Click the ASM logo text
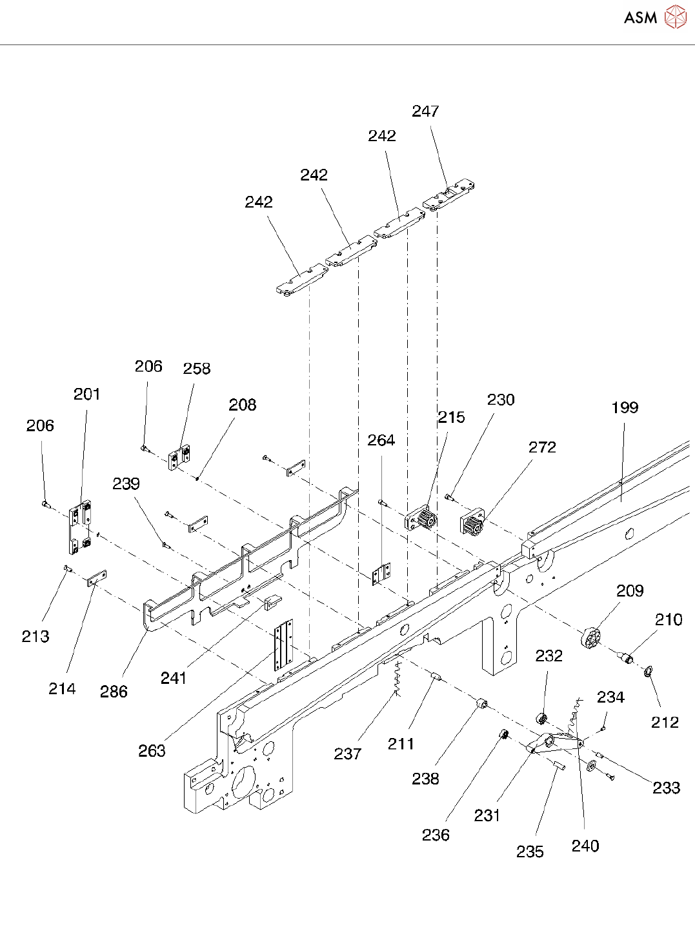(x=640, y=18)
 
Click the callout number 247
(x=425, y=112)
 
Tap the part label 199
(x=625, y=407)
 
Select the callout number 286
(x=114, y=692)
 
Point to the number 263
(x=152, y=751)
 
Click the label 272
(x=542, y=447)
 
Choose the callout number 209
(x=630, y=591)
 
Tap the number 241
(x=174, y=678)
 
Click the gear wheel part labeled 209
(x=590, y=638)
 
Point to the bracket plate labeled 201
(x=79, y=527)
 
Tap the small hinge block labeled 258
(x=180, y=458)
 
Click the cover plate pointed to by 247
(x=450, y=195)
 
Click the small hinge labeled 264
(x=382, y=573)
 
